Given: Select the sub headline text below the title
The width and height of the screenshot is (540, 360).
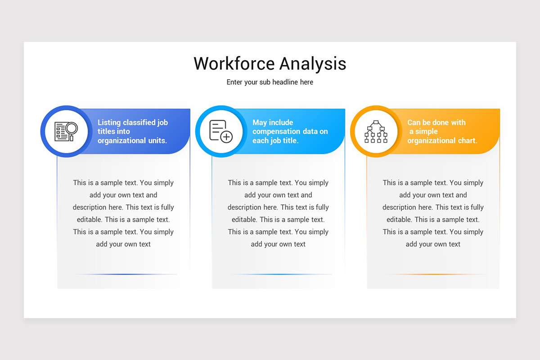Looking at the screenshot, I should (270, 82).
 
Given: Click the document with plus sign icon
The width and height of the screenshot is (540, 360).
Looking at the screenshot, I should (221, 131).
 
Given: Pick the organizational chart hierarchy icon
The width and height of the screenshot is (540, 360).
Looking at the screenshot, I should (376, 131).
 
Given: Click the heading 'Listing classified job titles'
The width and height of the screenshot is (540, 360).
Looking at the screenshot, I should (133, 131).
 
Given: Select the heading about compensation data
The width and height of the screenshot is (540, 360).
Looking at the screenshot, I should (290, 131).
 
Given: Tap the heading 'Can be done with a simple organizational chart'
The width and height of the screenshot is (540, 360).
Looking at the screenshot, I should (442, 131).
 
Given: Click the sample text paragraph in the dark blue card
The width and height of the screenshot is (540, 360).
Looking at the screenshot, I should (123, 213).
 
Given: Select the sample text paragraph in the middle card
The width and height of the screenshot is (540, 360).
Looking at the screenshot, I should (278, 213).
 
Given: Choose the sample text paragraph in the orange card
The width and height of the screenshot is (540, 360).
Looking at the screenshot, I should (433, 213).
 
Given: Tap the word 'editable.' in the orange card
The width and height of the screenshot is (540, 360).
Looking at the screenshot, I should (399, 220).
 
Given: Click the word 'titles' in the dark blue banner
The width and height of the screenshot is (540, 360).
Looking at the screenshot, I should (107, 131).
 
